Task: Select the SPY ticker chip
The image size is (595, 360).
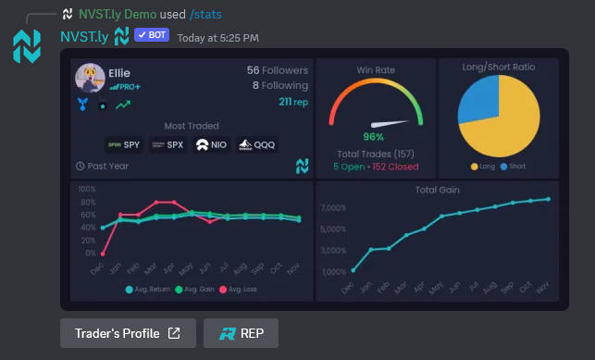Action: point(125,144)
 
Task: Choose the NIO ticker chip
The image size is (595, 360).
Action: point(212,144)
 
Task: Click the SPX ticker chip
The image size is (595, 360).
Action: point(168,144)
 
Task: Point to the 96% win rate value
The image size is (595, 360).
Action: point(374,137)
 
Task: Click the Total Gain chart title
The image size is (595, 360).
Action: point(437,190)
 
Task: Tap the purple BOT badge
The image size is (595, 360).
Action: point(152,36)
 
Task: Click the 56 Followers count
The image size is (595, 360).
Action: point(278,70)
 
